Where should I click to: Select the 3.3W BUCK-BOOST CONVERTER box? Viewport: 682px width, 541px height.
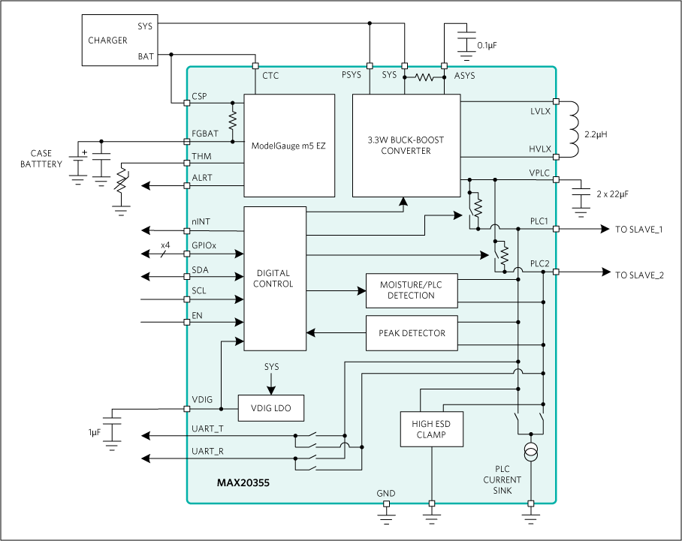click(x=406, y=145)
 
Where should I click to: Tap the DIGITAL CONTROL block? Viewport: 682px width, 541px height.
click(x=273, y=278)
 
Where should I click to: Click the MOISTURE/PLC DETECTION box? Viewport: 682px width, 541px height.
click(x=411, y=290)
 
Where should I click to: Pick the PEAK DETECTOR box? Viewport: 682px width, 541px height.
click(x=411, y=333)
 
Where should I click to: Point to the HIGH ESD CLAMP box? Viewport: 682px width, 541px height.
click(x=431, y=429)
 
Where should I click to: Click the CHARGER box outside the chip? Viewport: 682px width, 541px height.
click(x=120, y=41)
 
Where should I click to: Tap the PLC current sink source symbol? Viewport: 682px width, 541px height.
click(x=532, y=452)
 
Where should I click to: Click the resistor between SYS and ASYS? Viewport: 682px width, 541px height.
click(x=425, y=77)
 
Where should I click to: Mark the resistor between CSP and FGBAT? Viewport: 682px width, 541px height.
click(x=233, y=119)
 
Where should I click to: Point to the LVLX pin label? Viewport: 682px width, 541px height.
click(x=540, y=111)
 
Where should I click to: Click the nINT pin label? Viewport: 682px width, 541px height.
click(x=201, y=221)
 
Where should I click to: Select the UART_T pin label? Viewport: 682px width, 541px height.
click(x=208, y=428)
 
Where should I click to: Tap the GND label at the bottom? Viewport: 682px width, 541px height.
click(x=386, y=493)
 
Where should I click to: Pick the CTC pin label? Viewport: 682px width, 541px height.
click(x=270, y=76)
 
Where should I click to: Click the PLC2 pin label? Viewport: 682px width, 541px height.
click(x=540, y=263)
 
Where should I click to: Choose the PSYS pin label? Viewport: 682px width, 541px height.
click(x=351, y=76)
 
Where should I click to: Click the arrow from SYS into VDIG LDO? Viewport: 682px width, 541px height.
click(x=271, y=381)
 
